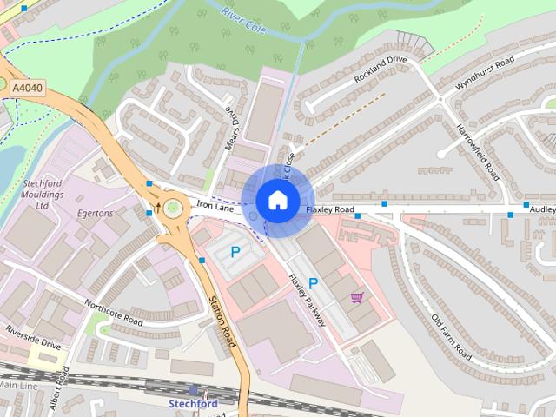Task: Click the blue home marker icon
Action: [277, 200]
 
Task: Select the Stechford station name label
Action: [192, 403]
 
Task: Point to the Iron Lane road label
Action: [215, 206]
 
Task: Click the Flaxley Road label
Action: [330, 210]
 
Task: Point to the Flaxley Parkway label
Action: [306, 301]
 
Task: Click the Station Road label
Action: [222, 321]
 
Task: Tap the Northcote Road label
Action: [114, 313]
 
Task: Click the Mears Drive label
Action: [231, 129]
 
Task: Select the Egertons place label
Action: [96, 213]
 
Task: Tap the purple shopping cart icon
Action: [356, 298]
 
